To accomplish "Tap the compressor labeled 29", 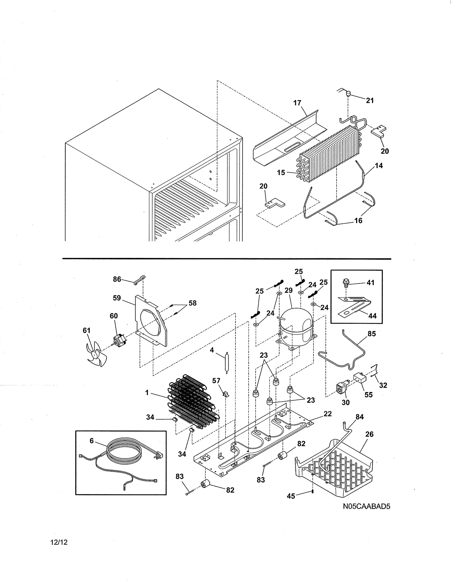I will coord(297,327).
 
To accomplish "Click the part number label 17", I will coord(297,103).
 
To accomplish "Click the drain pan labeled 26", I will coord(338,468).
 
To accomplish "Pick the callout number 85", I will coord(371,334).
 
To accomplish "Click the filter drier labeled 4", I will coord(226,363).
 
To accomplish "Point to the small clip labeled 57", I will coord(226,394).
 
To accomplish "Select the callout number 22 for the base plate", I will coord(327,414).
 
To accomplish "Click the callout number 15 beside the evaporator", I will coord(281,173).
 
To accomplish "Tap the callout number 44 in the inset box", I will coord(372,316).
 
